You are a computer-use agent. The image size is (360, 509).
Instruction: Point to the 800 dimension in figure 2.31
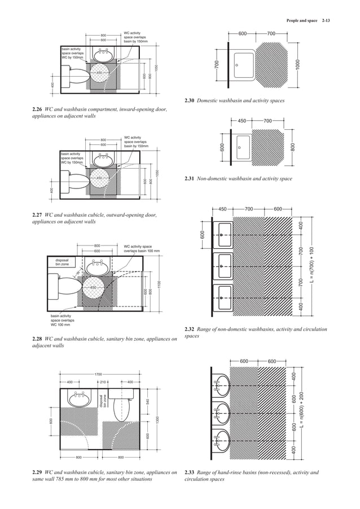(x=292, y=147)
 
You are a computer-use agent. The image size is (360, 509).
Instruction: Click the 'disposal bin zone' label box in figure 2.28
(x=62, y=262)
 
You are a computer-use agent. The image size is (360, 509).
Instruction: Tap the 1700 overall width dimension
(x=98, y=374)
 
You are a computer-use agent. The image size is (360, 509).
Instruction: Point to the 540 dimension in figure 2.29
(x=147, y=401)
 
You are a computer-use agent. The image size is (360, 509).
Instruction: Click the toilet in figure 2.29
(x=122, y=405)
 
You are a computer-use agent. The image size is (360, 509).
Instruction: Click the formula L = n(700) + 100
(x=311, y=265)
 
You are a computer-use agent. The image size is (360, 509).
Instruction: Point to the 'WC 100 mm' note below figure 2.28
(x=60, y=325)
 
